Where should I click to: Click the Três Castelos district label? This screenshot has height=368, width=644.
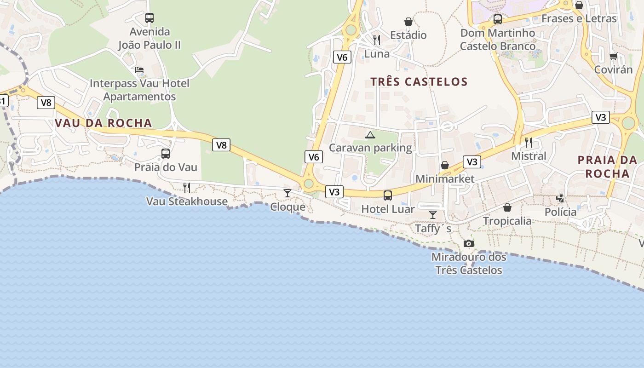pyautogui.click(x=419, y=82)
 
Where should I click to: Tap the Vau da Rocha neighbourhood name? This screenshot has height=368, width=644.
pyautogui.click(x=103, y=123)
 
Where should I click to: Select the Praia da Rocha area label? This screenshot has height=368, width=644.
pyautogui.click(x=607, y=167)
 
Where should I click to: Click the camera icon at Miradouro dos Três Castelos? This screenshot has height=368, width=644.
pyautogui.click(x=468, y=243)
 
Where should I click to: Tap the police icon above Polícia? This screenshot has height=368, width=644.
pyautogui.click(x=560, y=198)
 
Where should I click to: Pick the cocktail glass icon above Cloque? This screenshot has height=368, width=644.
pyautogui.click(x=287, y=193)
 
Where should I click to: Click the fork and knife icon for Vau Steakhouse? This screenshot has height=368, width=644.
pyautogui.click(x=187, y=187)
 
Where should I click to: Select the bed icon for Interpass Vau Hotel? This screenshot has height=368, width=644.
pyautogui.click(x=139, y=70)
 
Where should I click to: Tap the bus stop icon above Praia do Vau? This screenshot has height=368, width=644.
pyautogui.click(x=166, y=154)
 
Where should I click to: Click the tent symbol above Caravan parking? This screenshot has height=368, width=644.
pyautogui.click(x=370, y=135)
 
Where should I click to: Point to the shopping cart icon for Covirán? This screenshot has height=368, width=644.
pyautogui.click(x=613, y=57)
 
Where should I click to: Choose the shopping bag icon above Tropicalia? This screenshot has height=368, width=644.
pyautogui.click(x=507, y=207)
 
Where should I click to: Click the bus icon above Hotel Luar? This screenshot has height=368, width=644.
pyautogui.click(x=388, y=195)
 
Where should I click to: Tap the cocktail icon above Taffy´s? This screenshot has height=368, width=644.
pyautogui.click(x=433, y=214)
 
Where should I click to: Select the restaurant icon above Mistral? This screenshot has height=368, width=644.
pyautogui.click(x=529, y=143)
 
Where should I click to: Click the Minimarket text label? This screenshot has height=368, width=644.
pyautogui.click(x=444, y=178)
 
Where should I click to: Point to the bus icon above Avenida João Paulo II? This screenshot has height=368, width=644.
pyautogui.click(x=149, y=18)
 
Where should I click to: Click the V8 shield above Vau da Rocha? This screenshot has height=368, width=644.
pyautogui.click(x=46, y=103)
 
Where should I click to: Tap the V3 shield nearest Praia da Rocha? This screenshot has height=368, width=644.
pyautogui.click(x=601, y=117)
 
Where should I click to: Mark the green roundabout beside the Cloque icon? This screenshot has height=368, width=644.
pyautogui.click(x=309, y=184)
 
